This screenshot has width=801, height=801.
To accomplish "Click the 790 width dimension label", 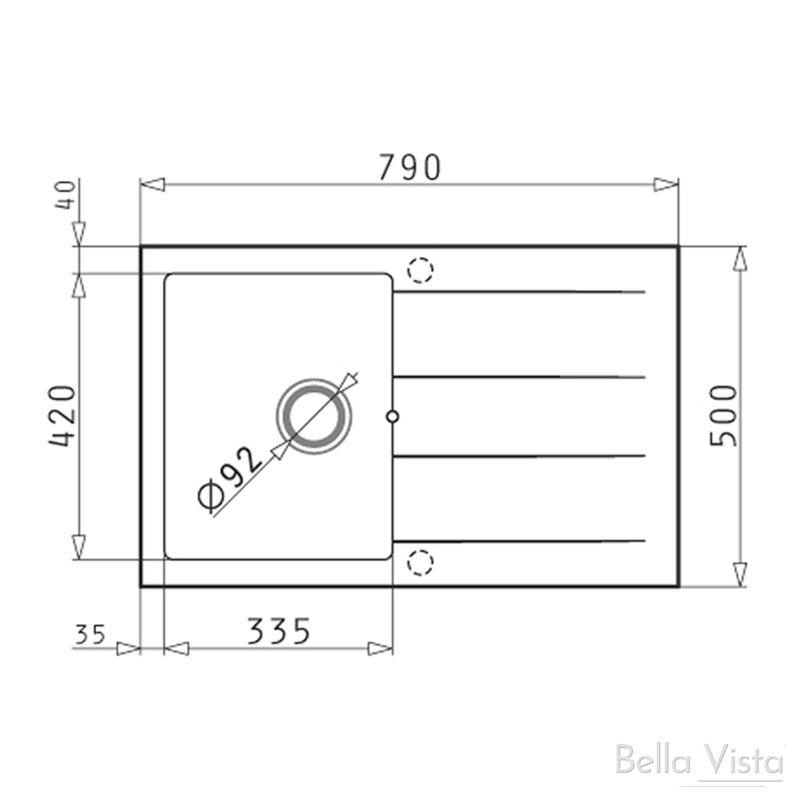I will pos(410,167).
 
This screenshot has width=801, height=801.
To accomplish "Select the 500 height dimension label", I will pos(723,415).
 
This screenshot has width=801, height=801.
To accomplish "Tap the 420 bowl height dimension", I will pos(63,415).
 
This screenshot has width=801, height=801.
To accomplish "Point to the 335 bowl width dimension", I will pos(279,630).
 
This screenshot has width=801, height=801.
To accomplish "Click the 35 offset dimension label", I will pos(90,634).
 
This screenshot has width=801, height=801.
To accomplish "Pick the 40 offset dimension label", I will pos(66,193).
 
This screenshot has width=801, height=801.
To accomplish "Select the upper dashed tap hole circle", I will pos(420,270).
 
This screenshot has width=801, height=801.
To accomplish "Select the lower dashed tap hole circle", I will pos(420,562).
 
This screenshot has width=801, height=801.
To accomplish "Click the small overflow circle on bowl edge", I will pos(393,417).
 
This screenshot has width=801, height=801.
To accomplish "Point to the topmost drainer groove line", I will pos(519,293).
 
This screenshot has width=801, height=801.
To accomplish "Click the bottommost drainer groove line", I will pos(519,541).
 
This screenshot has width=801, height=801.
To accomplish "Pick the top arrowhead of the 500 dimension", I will pos(739,258).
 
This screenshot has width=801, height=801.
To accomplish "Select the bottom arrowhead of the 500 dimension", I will pos(739,573).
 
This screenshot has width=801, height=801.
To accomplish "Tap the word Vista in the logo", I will pos(738,760).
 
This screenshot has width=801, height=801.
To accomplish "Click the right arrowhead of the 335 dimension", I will pos(380,648).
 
